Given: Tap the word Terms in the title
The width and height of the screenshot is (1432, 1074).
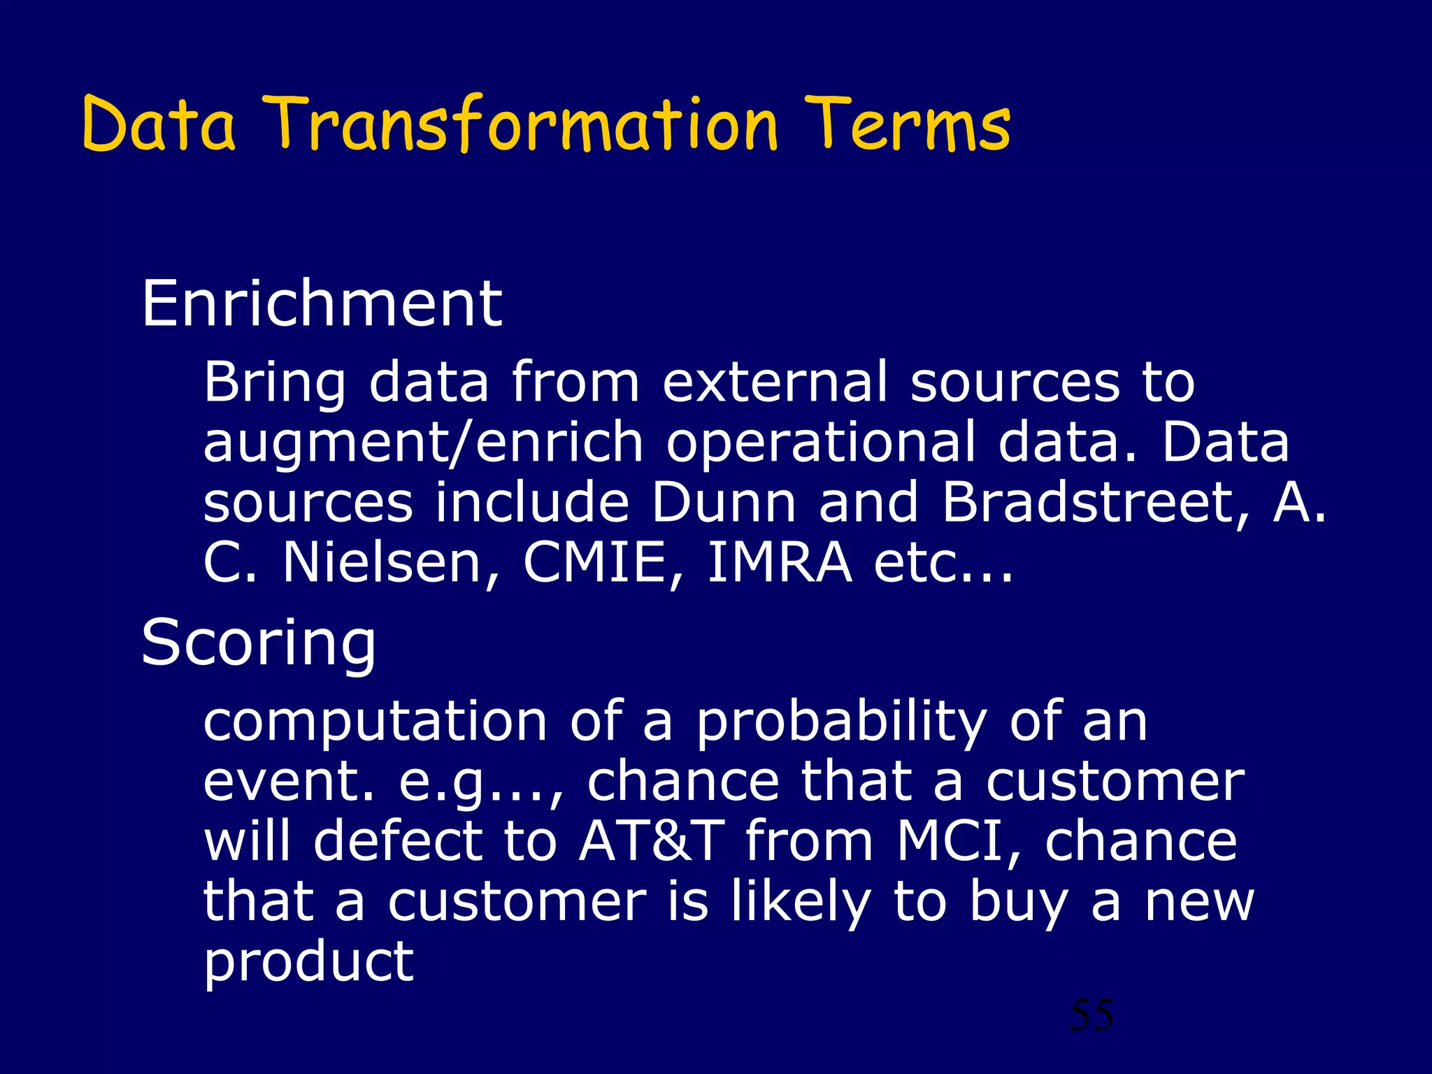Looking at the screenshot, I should (x=908, y=126).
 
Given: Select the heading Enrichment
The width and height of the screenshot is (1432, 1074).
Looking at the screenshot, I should (x=322, y=303).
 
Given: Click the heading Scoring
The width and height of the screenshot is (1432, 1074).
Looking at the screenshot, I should (x=259, y=643).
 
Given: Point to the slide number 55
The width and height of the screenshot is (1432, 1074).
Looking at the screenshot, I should (x=1091, y=1015).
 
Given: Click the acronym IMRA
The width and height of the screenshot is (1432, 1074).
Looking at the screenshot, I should (x=780, y=562).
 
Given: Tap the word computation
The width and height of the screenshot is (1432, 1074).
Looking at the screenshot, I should (x=375, y=722).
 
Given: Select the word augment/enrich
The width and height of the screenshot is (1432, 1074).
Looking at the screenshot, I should (x=423, y=443).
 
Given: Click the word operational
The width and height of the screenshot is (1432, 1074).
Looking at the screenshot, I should (x=820, y=443).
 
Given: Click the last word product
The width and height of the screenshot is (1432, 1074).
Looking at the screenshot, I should (x=308, y=964).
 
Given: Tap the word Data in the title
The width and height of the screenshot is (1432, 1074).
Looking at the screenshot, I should (x=159, y=126).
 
